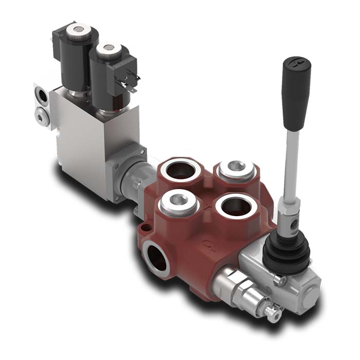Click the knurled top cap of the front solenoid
pyautogui.click(x=109, y=49)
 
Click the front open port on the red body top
pyautogui.click(x=233, y=206)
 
